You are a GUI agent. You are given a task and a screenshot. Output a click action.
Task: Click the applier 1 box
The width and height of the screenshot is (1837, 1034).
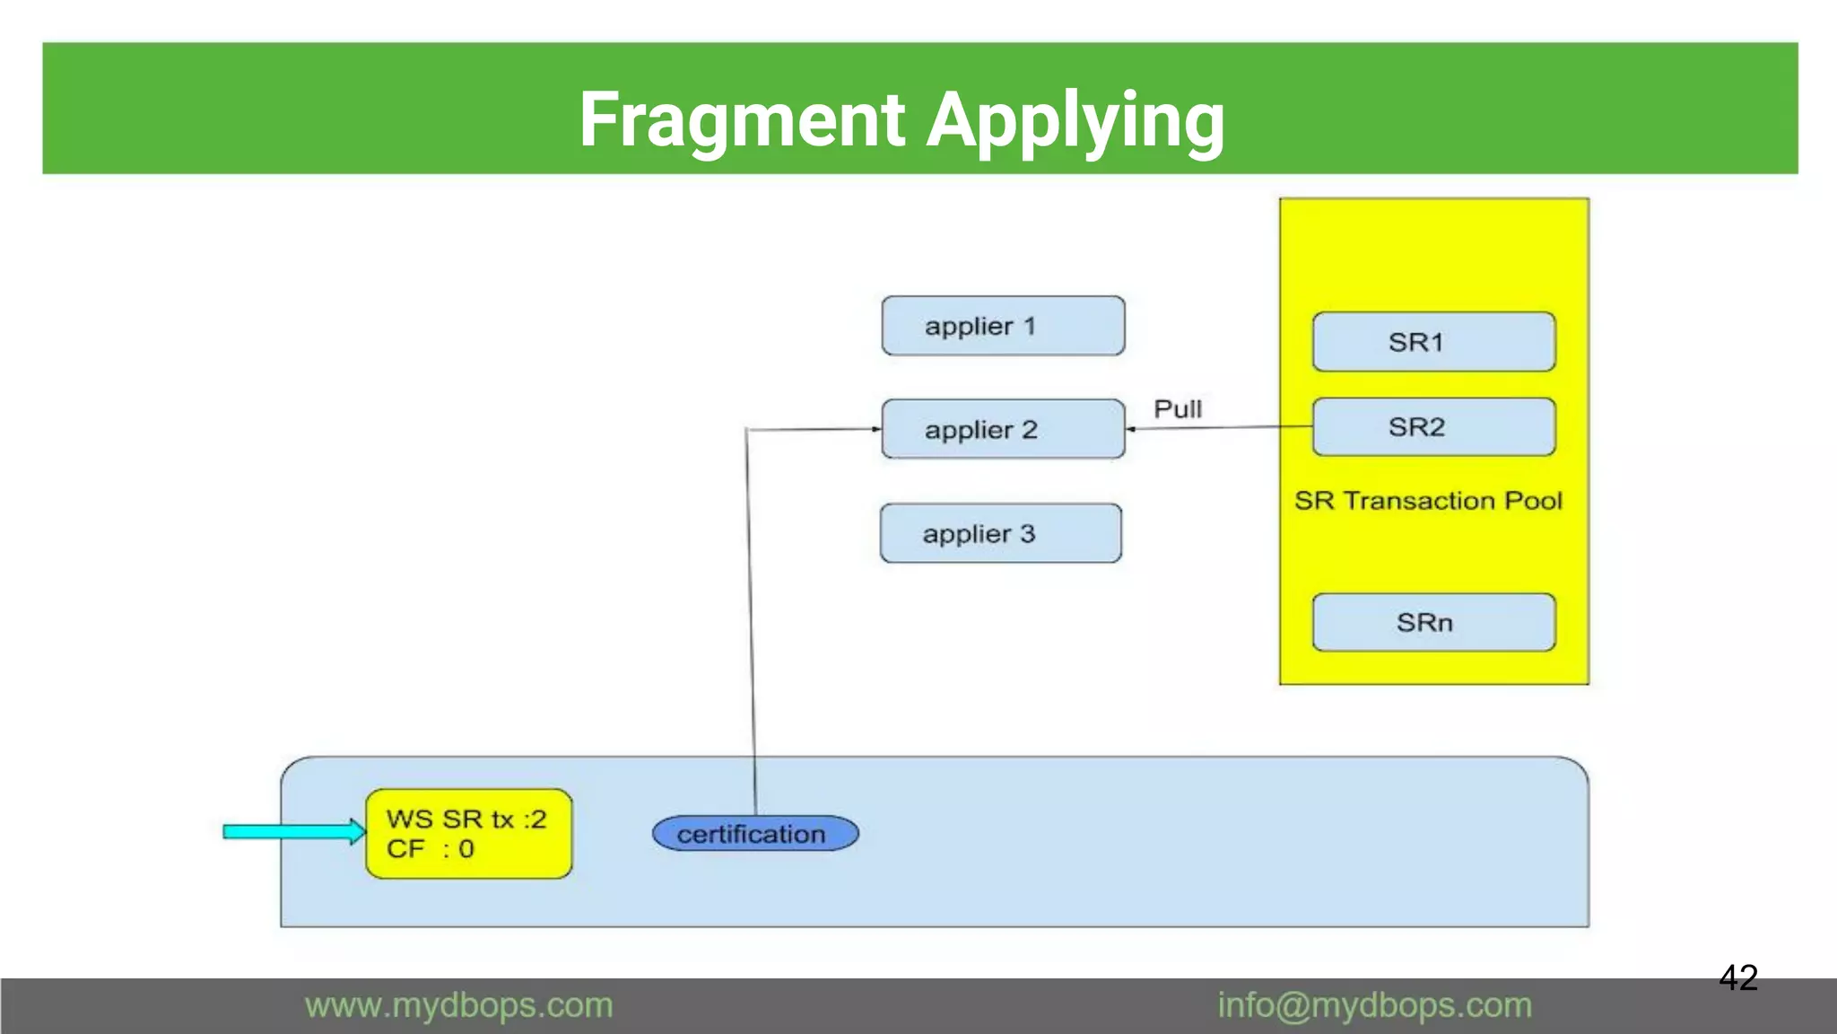pyautogui.click(x=1003, y=326)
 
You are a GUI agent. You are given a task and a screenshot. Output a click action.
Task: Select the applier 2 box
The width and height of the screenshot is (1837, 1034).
pyautogui.click(x=1003, y=429)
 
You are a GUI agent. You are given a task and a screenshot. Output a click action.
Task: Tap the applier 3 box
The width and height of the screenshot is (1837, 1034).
pyautogui.click(x=1001, y=533)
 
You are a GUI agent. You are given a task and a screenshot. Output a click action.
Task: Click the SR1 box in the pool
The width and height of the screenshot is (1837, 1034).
pyautogui.click(x=1433, y=342)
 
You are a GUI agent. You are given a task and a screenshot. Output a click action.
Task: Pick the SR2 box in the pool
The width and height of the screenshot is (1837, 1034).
pyautogui.click(x=1433, y=427)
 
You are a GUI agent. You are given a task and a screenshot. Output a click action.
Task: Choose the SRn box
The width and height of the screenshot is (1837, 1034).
pyautogui.click(x=1433, y=622)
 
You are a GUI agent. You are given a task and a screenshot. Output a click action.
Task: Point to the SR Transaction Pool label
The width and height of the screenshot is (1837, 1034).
pyautogui.click(x=1428, y=501)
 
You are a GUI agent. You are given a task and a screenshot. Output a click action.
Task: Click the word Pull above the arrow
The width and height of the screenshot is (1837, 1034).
pyautogui.click(x=1177, y=409)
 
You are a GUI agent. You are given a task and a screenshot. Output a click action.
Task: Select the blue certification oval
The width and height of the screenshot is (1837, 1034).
pyautogui.click(x=754, y=834)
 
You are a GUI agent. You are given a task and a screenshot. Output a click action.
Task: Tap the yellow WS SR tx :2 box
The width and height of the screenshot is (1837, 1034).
pyautogui.click(x=468, y=833)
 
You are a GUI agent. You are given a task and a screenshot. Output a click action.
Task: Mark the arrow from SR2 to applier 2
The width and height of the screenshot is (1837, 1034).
pyautogui.click(x=1220, y=428)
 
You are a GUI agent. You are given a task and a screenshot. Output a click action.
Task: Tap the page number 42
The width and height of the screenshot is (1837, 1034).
pyautogui.click(x=1737, y=977)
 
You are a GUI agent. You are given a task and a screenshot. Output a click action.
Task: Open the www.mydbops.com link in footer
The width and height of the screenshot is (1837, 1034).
pyautogui.click(x=458, y=1005)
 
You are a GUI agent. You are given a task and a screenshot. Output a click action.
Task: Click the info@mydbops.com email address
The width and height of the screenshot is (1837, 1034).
pyautogui.click(x=1374, y=1005)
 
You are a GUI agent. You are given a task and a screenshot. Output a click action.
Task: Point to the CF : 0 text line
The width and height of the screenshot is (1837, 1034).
pyautogui.click(x=430, y=849)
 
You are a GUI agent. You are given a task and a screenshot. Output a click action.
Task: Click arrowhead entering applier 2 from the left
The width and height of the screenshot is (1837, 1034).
pyautogui.click(x=876, y=429)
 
